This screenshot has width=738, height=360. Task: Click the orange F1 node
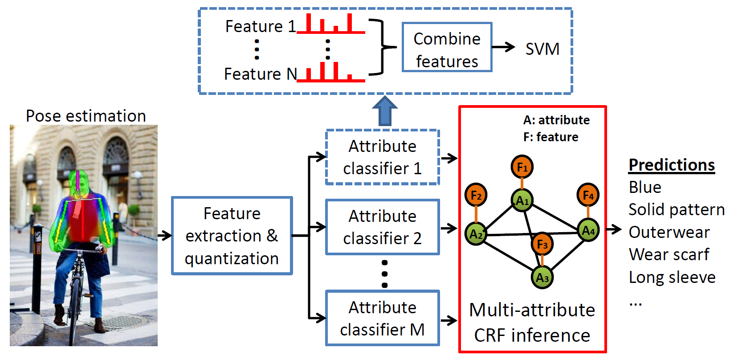point(522,167)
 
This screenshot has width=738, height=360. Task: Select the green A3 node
point(542,278)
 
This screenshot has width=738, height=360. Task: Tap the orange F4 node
point(588,195)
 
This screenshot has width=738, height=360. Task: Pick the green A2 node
point(476,233)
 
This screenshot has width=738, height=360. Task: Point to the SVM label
point(542,49)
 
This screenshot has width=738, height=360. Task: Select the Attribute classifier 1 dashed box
point(383,157)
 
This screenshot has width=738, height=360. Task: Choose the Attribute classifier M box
point(383,318)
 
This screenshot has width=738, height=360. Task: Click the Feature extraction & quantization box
point(232,236)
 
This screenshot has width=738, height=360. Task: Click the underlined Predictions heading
point(672,165)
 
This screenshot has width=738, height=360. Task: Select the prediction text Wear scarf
point(669,254)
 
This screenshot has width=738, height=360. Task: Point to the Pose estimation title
point(86,116)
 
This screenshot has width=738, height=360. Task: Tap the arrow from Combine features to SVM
point(504,47)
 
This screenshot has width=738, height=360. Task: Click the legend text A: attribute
point(556,120)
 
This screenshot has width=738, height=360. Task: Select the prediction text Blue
point(645,187)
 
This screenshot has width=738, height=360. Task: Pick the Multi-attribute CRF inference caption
point(532,323)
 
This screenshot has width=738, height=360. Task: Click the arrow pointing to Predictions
point(614,229)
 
